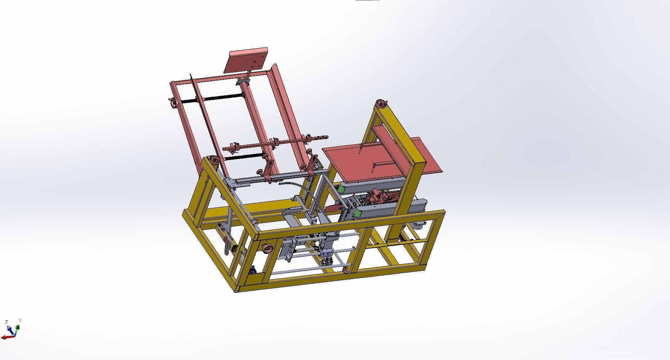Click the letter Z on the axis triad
[x=6, y=322]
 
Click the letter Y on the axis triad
[x=20, y=320]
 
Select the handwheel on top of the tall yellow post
[x=381, y=105]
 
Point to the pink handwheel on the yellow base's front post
[x=267, y=249]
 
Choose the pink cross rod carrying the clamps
[x=273, y=143]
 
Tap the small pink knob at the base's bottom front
[x=346, y=270]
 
